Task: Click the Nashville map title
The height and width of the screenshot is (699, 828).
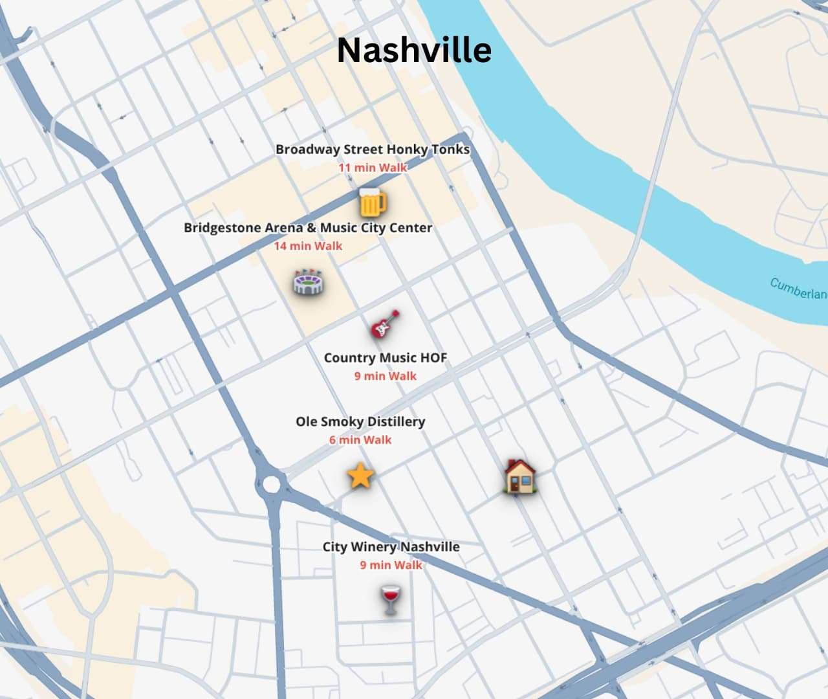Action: pyautogui.click(x=414, y=50)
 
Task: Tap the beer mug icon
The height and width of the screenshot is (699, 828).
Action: pyautogui.click(x=372, y=202)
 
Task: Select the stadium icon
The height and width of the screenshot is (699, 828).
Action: pyautogui.click(x=308, y=282)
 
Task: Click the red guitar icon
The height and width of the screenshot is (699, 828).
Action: pyautogui.click(x=385, y=324)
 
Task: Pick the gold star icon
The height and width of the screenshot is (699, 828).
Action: pyautogui.click(x=360, y=476)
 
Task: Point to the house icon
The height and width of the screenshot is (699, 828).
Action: pyautogui.click(x=520, y=477)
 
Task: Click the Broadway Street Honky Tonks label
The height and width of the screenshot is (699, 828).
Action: pyautogui.click(x=373, y=150)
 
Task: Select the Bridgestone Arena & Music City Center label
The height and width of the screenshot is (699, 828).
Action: pyautogui.click(x=308, y=228)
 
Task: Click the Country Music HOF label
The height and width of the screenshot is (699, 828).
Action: pyautogui.click(x=385, y=358)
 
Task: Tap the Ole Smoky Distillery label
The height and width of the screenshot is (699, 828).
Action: pyautogui.click(x=360, y=422)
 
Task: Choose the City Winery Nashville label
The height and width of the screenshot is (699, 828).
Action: pyautogui.click(x=391, y=547)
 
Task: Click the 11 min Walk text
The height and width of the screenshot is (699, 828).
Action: pyautogui.click(x=373, y=168)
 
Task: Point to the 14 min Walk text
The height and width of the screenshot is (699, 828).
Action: pyautogui.click(x=308, y=246)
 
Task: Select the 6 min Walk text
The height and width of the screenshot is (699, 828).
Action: pyautogui.click(x=360, y=440)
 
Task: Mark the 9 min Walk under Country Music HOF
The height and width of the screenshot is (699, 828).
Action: pyautogui.click(x=385, y=376)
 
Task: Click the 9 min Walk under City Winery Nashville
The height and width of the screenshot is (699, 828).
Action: pyautogui.click(x=391, y=565)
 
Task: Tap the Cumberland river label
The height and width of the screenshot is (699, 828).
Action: pyautogui.click(x=798, y=289)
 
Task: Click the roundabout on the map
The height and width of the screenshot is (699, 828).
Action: pyautogui.click(x=271, y=483)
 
